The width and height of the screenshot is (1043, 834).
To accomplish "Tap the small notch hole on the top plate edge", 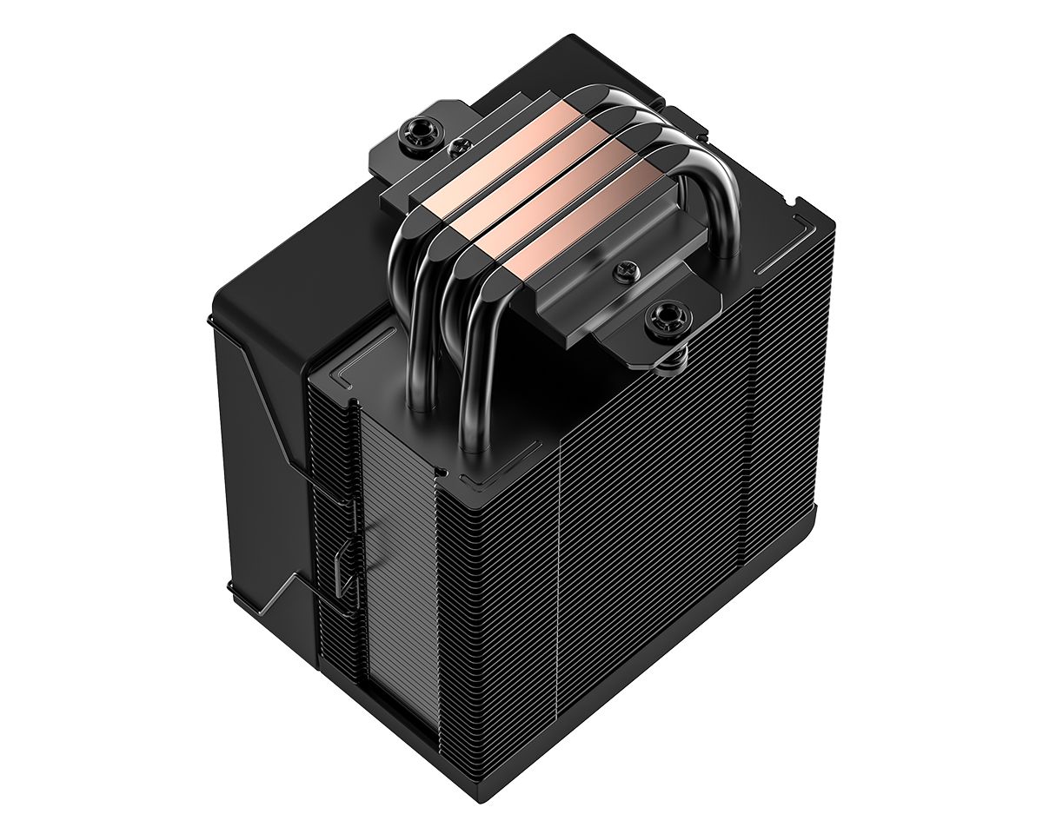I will click(x=442, y=473).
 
